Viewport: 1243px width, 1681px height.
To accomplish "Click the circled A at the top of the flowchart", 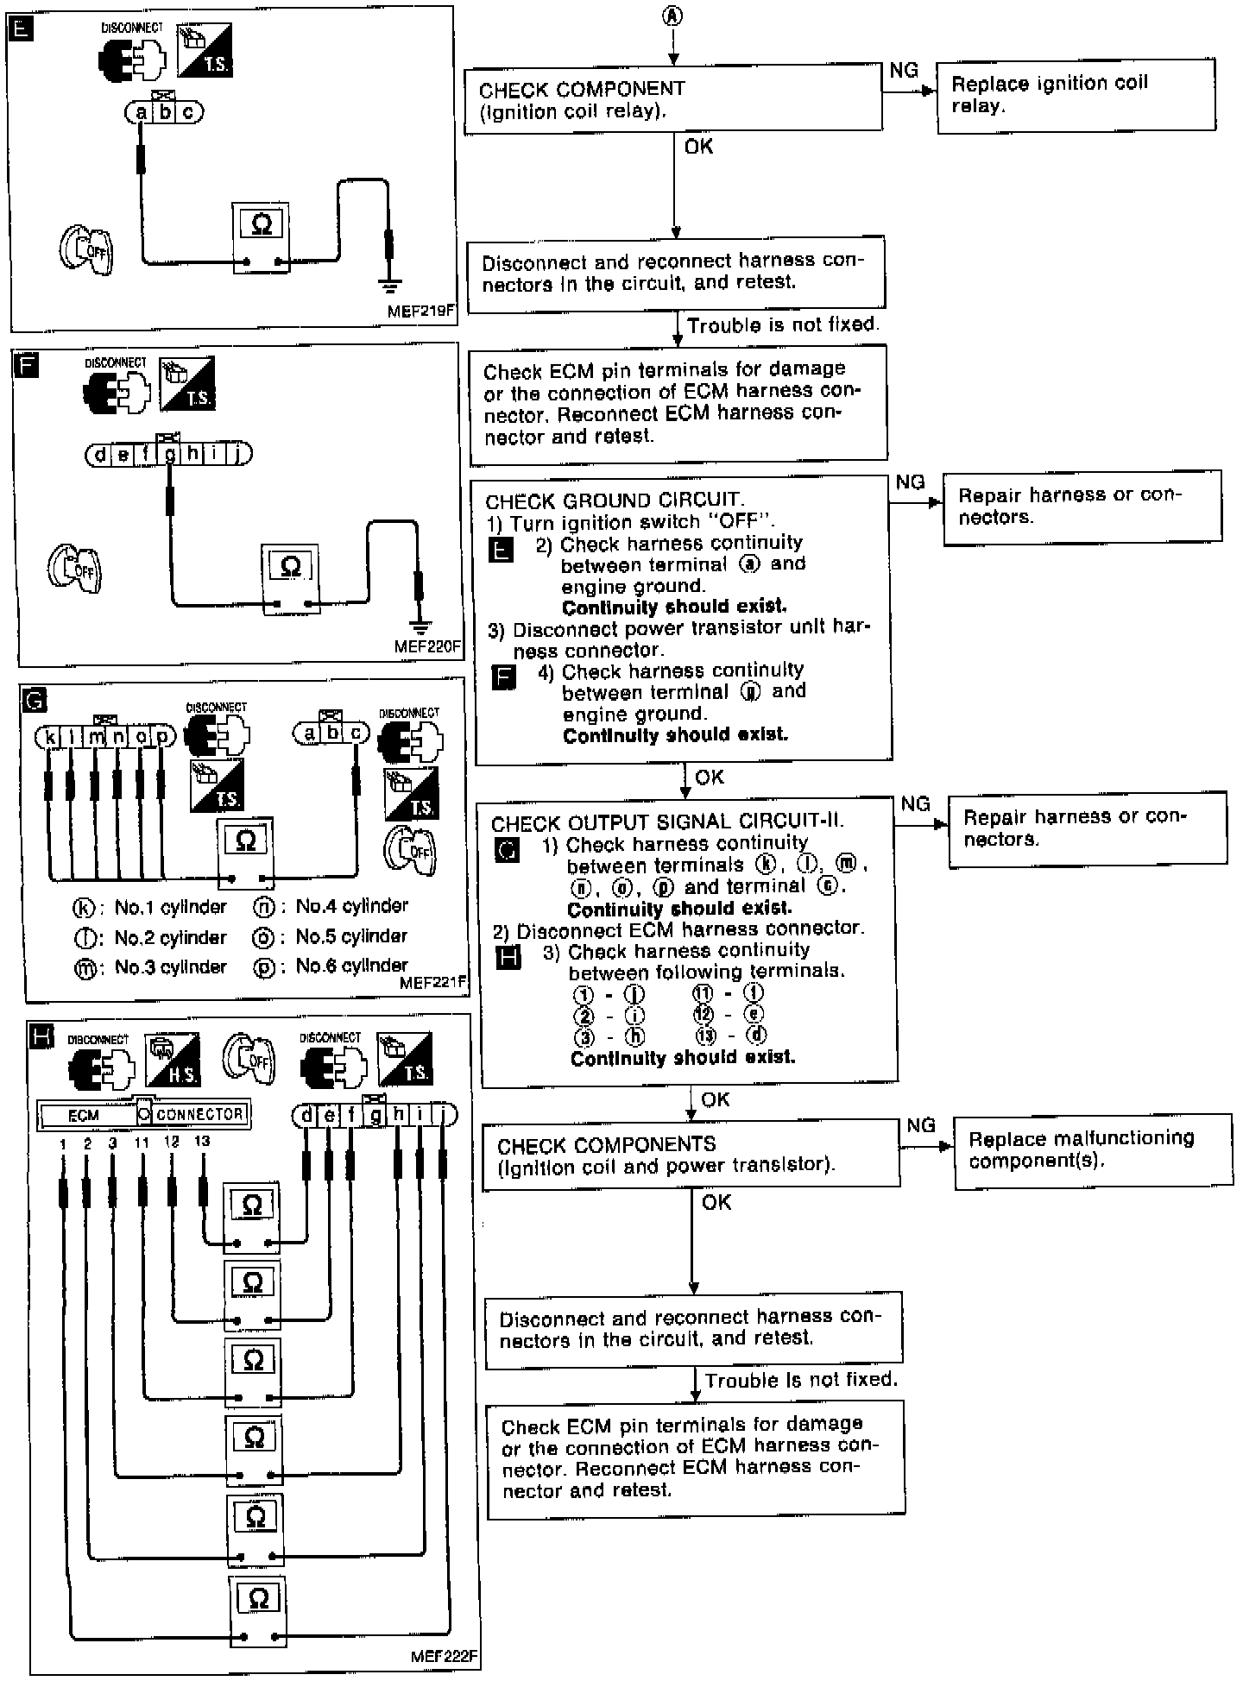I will (x=672, y=16).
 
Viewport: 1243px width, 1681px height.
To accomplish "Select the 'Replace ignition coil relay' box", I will (x=1076, y=95).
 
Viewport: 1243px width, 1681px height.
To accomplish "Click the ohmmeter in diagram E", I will (x=261, y=238).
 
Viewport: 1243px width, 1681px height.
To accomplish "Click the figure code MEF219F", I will (x=420, y=312).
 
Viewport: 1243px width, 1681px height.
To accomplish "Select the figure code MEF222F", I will (x=444, y=1656).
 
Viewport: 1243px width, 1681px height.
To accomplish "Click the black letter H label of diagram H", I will (x=41, y=1036).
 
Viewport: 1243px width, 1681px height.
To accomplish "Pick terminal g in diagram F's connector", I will (x=170, y=455).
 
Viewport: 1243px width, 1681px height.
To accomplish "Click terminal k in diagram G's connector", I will (x=50, y=737).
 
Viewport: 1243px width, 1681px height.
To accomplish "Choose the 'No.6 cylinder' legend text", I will (x=351, y=966).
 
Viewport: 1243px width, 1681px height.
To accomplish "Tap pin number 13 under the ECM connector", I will (x=202, y=1142).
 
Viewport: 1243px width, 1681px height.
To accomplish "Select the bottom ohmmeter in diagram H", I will (x=258, y=1610).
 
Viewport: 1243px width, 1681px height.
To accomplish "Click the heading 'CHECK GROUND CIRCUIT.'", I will (x=614, y=501).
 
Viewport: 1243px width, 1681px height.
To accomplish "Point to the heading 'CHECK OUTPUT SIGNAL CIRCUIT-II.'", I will (x=667, y=822).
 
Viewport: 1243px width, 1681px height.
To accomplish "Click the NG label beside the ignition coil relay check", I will (x=904, y=72).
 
